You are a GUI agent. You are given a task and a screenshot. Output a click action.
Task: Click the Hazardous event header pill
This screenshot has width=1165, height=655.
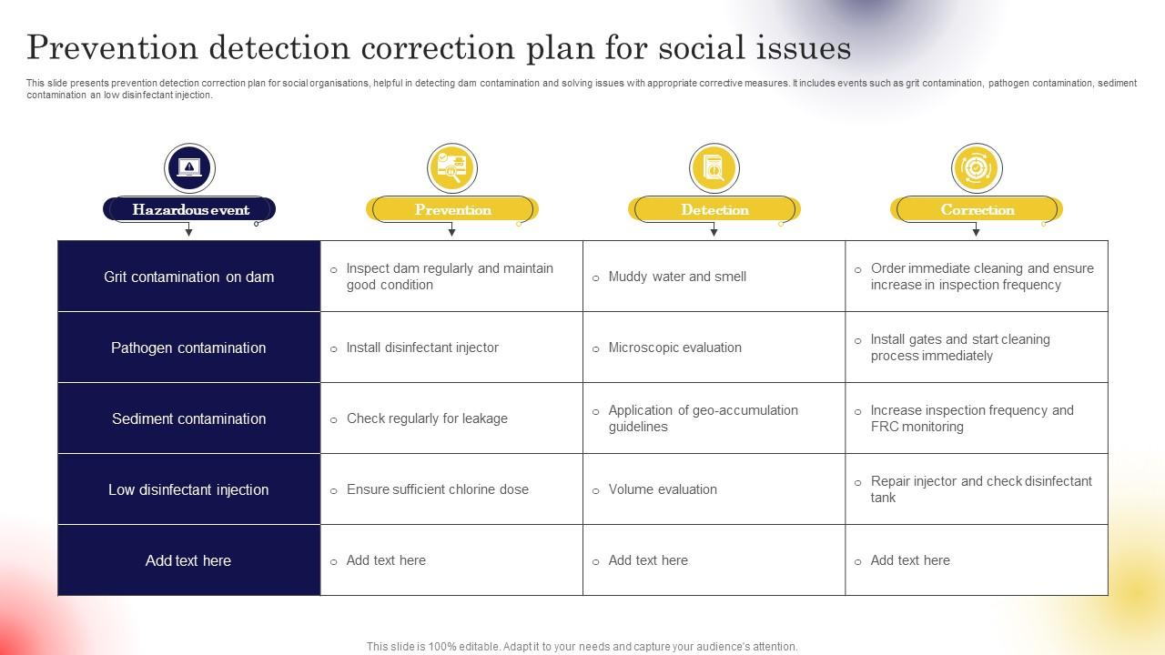[x=189, y=210]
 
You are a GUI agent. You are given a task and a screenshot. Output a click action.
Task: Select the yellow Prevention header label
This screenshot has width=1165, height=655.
[x=452, y=210]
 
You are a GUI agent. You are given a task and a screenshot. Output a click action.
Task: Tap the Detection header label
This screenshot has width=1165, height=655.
[x=714, y=210]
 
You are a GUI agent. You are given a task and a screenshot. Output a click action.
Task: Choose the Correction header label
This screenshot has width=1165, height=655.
[x=977, y=210]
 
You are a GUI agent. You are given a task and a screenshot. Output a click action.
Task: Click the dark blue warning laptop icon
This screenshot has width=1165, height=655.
[x=189, y=168]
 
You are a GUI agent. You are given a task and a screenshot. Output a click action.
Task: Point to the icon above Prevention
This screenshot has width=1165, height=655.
[x=452, y=168]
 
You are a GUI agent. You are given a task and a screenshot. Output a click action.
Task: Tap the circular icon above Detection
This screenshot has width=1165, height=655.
[x=714, y=168]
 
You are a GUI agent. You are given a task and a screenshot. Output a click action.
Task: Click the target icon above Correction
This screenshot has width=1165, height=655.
[x=977, y=168]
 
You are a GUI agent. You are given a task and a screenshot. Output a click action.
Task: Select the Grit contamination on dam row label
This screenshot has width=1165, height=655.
[x=189, y=277]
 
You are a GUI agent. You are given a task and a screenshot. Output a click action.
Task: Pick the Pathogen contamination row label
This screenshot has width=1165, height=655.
[x=189, y=348]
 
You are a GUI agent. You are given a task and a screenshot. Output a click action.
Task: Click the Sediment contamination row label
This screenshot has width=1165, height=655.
[x=189, y=418]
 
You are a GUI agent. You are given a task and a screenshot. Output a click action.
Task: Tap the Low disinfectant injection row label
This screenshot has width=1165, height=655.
[x=189, y=489]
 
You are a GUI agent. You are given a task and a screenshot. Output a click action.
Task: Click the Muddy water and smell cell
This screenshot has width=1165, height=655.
[x=677, y=277]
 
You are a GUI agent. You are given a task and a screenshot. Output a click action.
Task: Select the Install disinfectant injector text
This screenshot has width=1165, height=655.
[x=422, y=348]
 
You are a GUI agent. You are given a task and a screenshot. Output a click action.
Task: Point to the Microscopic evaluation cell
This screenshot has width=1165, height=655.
[x=674, y=348]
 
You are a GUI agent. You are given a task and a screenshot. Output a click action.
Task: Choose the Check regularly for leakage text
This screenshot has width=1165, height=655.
[x=427, y=418]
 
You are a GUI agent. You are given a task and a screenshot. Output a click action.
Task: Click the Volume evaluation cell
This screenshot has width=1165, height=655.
[x=663, y=489]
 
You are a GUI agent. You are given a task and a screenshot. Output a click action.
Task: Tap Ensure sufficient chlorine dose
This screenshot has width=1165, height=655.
[x=437, y=489]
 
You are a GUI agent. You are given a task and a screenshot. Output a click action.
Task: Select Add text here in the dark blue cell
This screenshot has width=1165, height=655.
[x=189, y=560]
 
